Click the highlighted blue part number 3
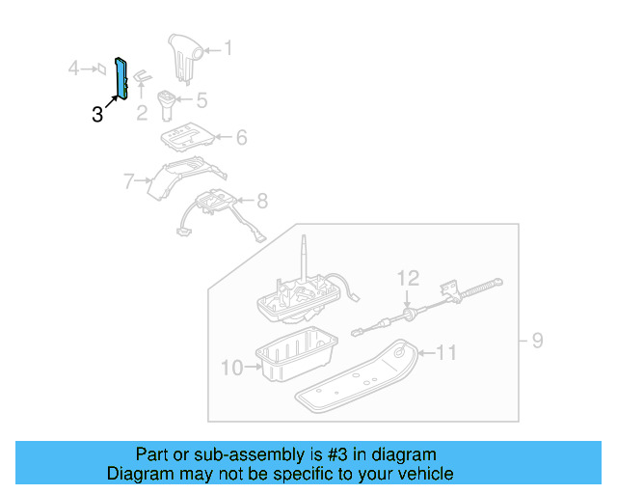122,77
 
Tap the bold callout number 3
96,115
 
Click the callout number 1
228,46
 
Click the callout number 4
72,68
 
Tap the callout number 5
201,99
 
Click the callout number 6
240,138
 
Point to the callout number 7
127,179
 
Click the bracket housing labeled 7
183,178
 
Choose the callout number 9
538,340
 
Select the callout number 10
233,367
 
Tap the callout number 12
409,279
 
